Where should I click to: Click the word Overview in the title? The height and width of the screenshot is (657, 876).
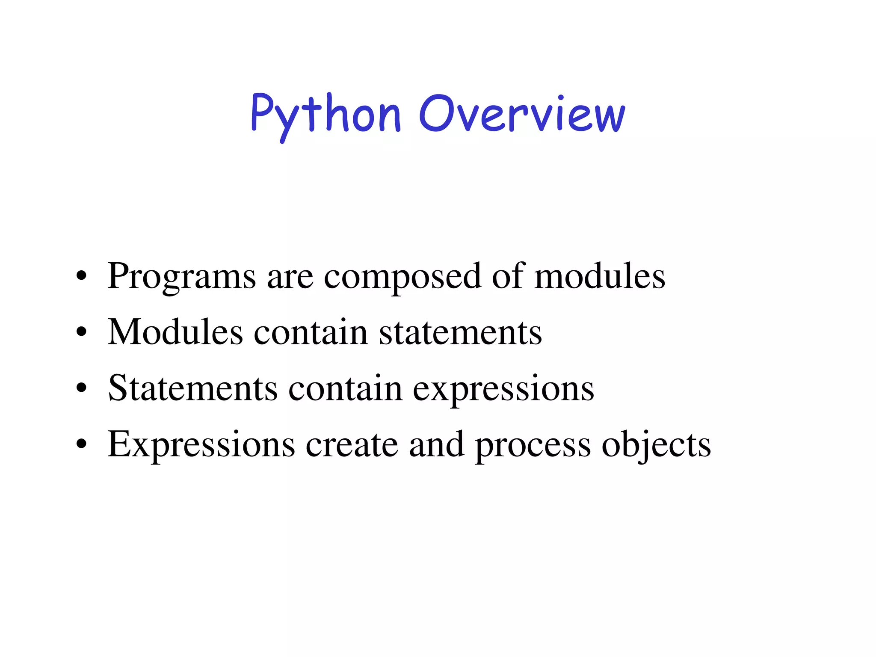522,114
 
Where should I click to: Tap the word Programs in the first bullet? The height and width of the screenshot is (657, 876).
181,277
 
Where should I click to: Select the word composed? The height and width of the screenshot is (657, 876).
402,277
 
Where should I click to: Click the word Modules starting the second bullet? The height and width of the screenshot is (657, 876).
175,332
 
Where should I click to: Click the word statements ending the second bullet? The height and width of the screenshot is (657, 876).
460,333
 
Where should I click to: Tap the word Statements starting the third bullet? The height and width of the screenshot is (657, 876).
192,388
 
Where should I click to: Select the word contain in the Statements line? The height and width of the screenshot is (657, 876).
345,388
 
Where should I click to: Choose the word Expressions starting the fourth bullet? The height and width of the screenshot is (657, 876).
201,445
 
